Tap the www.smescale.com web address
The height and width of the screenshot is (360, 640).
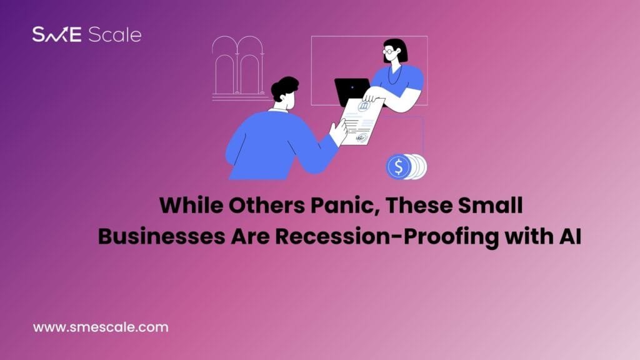[101, 326]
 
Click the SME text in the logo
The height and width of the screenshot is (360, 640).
[57, 35]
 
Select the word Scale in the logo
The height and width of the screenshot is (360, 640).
[114, 35]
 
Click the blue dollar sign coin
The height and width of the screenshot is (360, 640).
[398, 166]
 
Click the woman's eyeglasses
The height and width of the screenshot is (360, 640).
[389, 51]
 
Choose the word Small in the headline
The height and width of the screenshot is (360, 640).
[492, 206]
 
